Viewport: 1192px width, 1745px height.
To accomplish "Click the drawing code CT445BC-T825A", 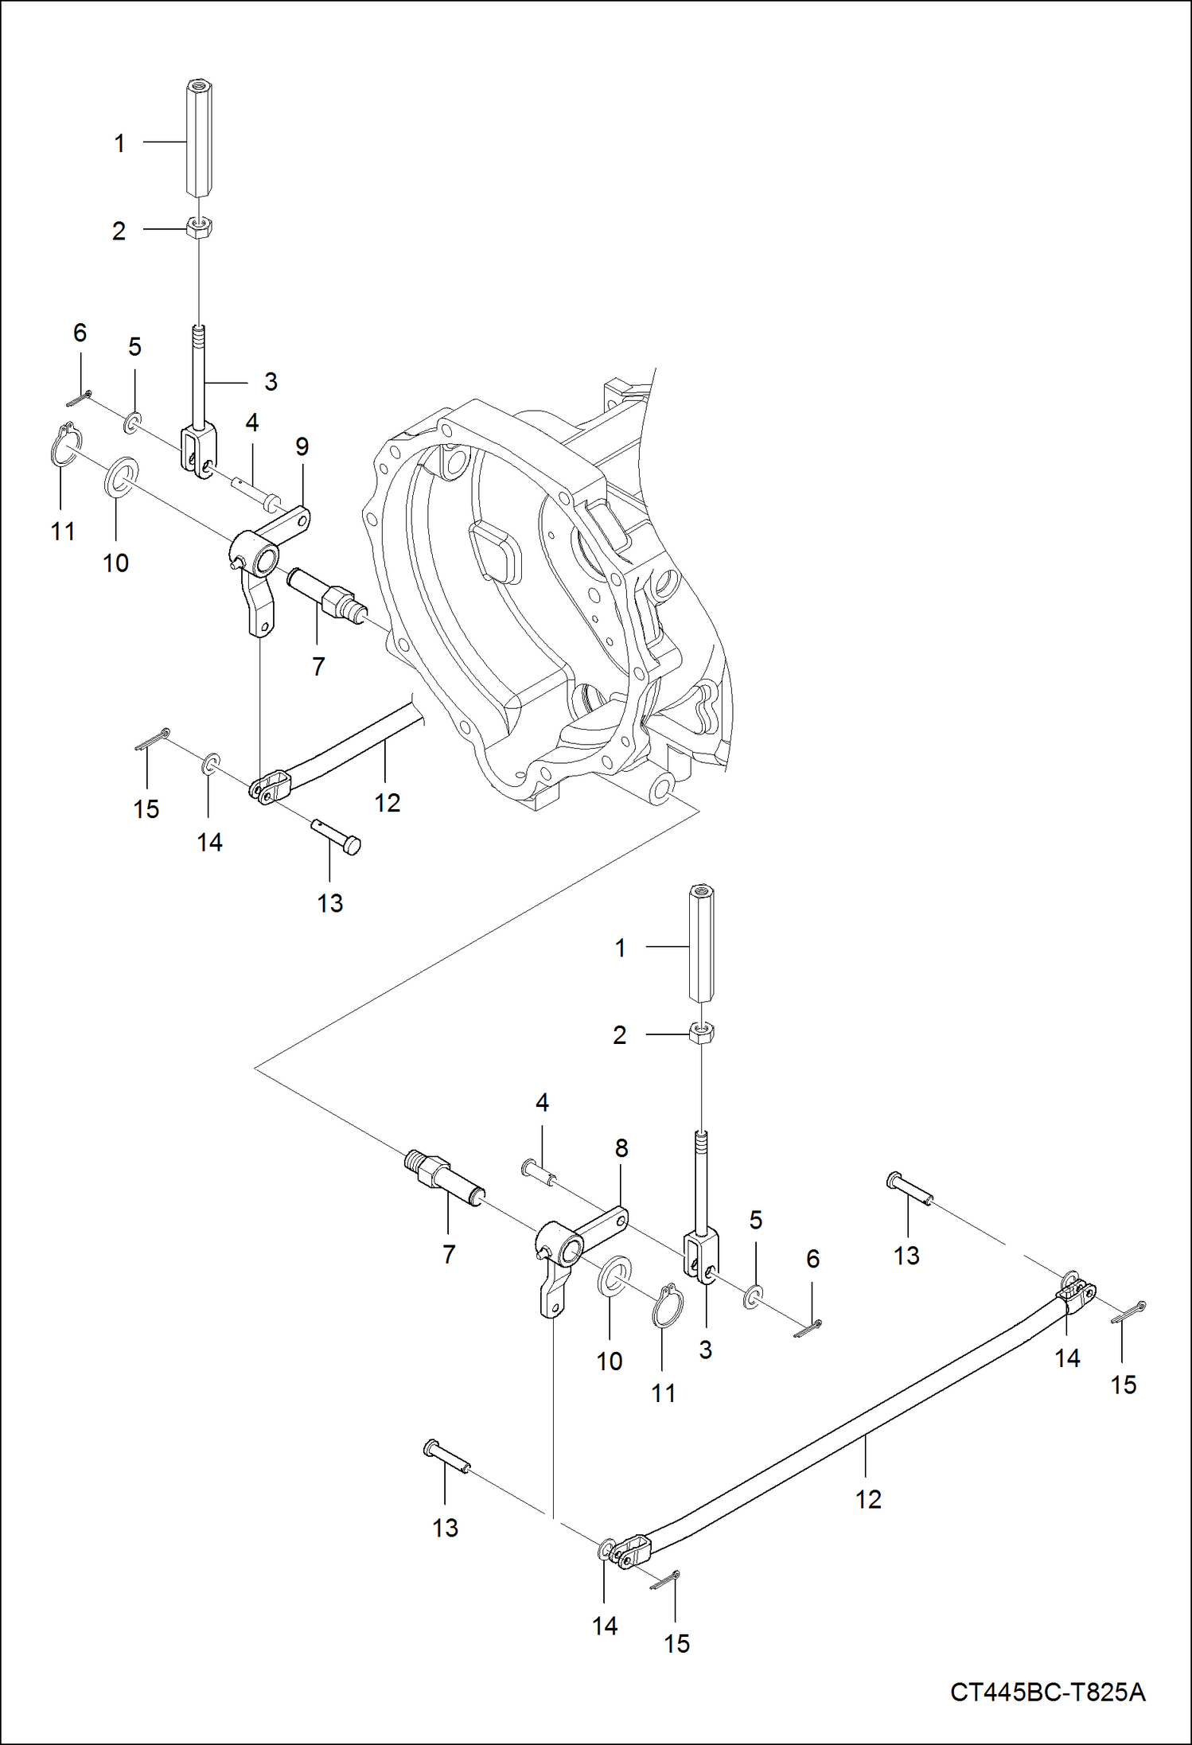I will (1047, 1691).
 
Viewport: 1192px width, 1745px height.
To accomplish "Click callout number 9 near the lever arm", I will (302, 446).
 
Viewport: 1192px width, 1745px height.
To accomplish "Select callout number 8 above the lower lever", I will (621, 1147).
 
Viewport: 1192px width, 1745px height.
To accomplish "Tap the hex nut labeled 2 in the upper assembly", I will (198, 228).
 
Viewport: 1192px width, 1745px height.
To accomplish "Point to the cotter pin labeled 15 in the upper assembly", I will (151, 738).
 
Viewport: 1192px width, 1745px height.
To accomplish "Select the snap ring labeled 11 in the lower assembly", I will (667, 1306).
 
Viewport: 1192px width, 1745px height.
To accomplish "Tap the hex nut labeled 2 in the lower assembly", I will (701, 1033).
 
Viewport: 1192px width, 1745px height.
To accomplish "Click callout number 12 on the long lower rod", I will (868, 1499).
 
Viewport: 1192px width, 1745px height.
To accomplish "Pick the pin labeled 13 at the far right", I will (908, 1186).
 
